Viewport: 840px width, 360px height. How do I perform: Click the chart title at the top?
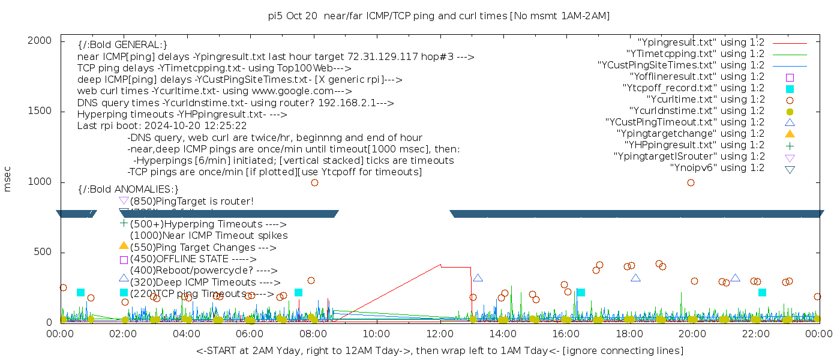pyautogui.click(x=439, y=16)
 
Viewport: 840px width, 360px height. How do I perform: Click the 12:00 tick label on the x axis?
pyautogui.click(x=440, y=334)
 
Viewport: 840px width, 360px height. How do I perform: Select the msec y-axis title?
pyautogui.click(x=8, y=179)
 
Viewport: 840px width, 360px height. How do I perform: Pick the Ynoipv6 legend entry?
pyautogui.click(x=717, y=168)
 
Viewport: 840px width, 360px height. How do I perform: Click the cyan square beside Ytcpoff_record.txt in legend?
pyautogui.click(x=790, y=89)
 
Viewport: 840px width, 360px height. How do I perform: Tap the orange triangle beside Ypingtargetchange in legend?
pyautogui.click(x=790, y=134)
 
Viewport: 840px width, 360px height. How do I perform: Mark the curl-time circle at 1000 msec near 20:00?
pyautogui.click(x=691, y=182)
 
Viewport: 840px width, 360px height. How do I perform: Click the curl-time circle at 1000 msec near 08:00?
pyautogui.click(x=314, y=182)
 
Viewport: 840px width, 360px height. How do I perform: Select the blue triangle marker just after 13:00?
pyautogui.click(x=478, y=278)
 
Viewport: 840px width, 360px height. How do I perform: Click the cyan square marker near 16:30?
pyautogui.click(x=581, y=292)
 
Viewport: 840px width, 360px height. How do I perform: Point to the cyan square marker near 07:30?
pyautogui.click(x=298, y=292)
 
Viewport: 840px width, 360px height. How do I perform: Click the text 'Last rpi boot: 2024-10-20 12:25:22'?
pyautogui.click(x=162, y=126)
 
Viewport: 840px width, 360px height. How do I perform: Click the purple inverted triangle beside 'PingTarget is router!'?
pyautogui.click(x=124, y=200)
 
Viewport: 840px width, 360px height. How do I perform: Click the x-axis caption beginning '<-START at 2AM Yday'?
pyautogui.click(x=439, y=350)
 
